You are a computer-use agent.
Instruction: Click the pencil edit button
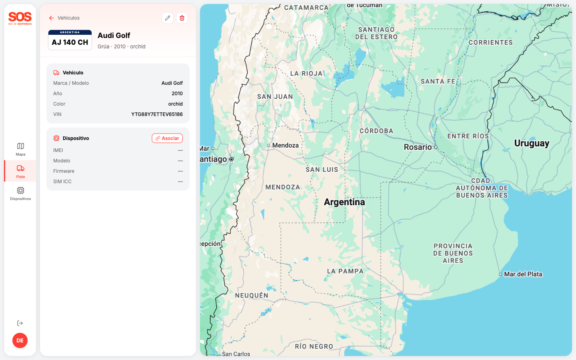pyautogui.click(x=168, y=18)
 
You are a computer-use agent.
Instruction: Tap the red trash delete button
pyautogui.click(x=182, y=18)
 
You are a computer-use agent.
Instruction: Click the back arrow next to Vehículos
pyautogui.click(x=52, y=18)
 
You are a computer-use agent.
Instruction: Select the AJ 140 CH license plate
pyautogui.click(x=70, y=40)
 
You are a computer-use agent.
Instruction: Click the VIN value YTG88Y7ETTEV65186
pyautogui.click(x=157, y=114)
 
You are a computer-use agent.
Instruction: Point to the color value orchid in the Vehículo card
pyautogui.click(x=175, y=104)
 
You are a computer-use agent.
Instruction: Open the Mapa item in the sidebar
pyautogui.click(x=20, y=149)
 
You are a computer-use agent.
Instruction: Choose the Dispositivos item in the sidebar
pyautogui.click(x=20, y=193)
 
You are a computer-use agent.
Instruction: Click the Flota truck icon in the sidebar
pyautogui.click(x=20, y=168)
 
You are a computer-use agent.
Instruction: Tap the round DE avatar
pyautogui.click(x=20, y=340)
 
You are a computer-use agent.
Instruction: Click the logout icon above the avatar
pyautogui.click(x=20, y=323)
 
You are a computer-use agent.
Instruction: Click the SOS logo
pyautogui.click(x=20, y=18)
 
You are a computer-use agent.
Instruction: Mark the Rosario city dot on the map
pyautogui.click(x=436, y=147)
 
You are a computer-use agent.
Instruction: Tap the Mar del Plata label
pyautogui.click(x=523, y=274)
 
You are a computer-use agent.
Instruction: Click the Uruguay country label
pyautogui.click(x=532, y=143)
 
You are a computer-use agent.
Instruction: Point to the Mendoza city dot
pyautogui.click(x=269, y=146)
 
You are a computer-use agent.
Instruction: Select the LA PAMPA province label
pyautogui.click(x=345, y=271)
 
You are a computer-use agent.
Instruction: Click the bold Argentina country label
pyautogui.click(x=344, y=202)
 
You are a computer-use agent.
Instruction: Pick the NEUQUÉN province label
pyautogui.click(x=252, y=296)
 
